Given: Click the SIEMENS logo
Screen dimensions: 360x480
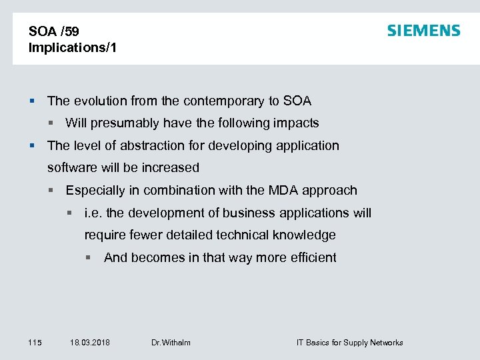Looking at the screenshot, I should tap(424, 31).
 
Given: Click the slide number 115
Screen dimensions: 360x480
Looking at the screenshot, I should tap(35, 343).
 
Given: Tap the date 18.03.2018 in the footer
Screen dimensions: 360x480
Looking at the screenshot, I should tap(90, 343).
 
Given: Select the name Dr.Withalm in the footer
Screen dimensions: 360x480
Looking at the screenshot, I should tap(171, 343).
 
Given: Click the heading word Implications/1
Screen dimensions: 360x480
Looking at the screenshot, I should tap(73, 48).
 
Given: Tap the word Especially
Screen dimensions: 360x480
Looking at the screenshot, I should tap(95, 191).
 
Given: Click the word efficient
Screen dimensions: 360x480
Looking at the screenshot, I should tap(310, 258).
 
